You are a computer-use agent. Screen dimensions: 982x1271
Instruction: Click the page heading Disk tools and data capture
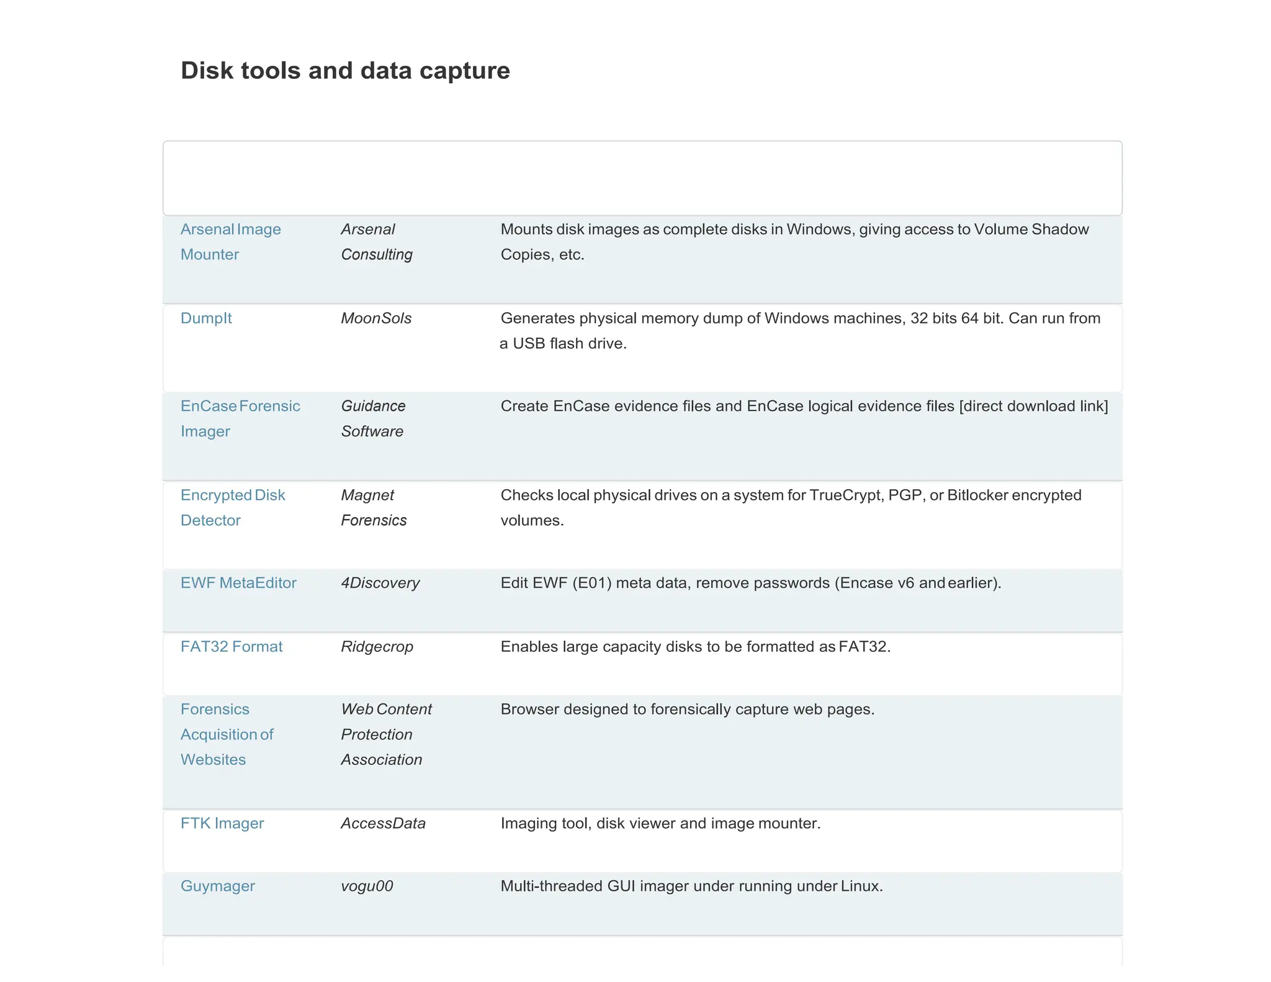point(345,71)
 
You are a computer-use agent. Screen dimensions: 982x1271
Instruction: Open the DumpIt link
point(206,318)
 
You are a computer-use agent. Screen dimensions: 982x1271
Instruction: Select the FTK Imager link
point(222,824)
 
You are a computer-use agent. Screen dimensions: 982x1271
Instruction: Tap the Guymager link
point(218,886)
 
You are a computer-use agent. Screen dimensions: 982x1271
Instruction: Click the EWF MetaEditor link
point(238,583)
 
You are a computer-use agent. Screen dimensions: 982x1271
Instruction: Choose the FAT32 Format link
point(231,647)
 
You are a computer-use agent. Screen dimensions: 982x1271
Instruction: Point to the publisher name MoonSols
point(376,318)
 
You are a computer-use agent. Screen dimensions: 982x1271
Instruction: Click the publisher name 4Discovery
point(380,583)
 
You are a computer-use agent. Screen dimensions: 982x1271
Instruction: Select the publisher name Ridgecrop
point(377,647)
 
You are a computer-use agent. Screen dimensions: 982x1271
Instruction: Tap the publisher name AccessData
point(383,824)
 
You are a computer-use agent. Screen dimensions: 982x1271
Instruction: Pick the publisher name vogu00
point(367,886)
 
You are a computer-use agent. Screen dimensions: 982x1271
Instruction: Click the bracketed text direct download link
point(1033,407)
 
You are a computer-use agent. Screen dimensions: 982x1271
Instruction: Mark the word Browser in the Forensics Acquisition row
point(529,709)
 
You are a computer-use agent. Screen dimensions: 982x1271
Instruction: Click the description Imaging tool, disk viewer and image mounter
point(660,824)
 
